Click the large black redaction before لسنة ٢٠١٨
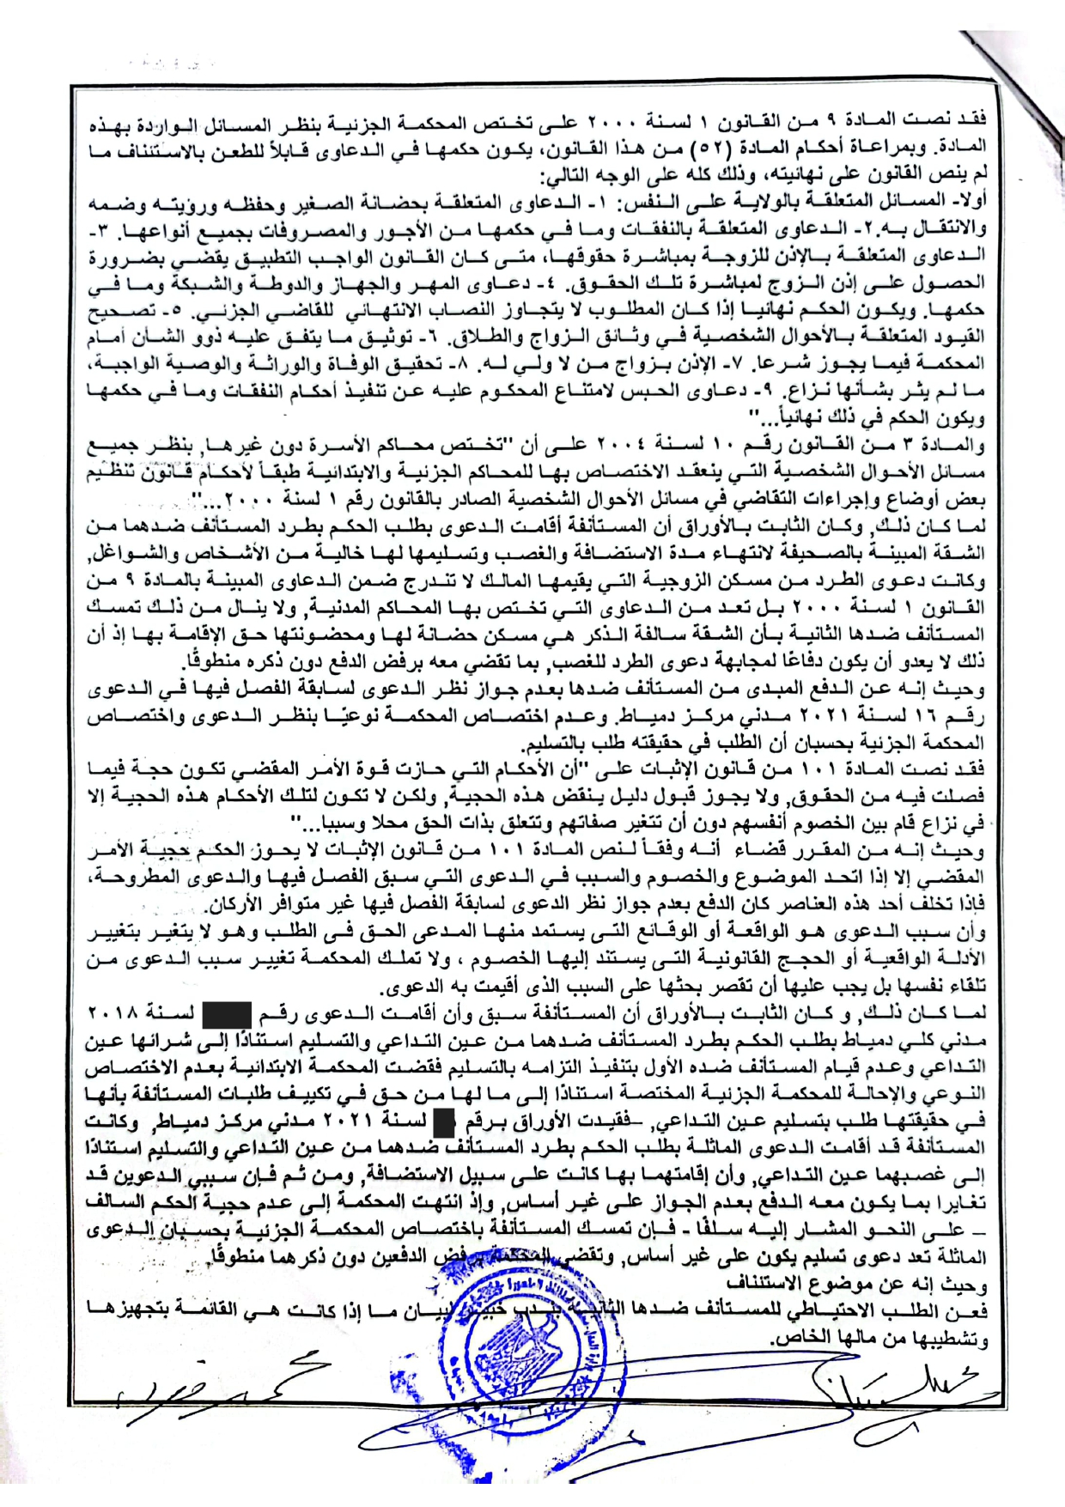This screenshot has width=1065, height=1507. [226, 1014]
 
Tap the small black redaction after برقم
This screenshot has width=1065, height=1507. [444, 1121]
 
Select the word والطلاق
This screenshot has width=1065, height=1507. [460, 337]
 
